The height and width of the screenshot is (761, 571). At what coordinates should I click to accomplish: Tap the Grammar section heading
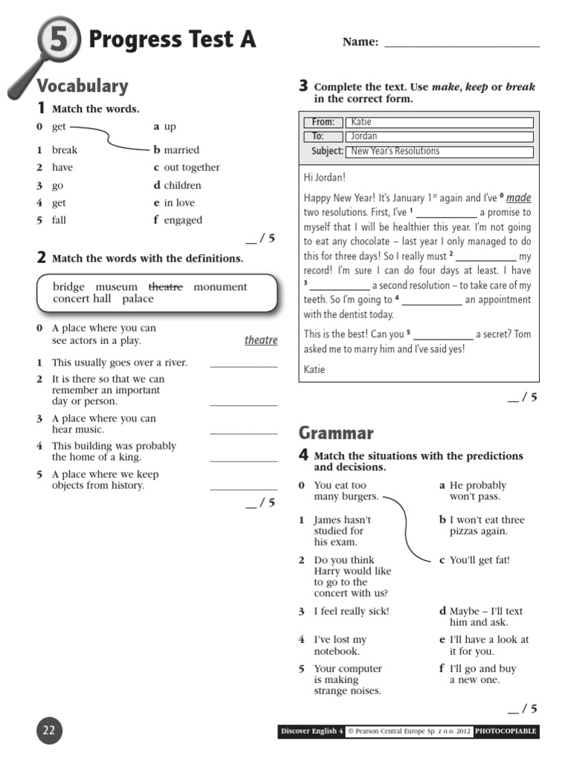(336, 433)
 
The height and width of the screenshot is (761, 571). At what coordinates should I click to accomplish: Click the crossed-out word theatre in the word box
(165, 287)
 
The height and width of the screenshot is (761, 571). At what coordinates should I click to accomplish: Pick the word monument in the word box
(220, 287)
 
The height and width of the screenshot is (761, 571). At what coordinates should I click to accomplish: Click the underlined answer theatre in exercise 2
(261, 340)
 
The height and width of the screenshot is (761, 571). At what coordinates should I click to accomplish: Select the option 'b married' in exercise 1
(177, 149)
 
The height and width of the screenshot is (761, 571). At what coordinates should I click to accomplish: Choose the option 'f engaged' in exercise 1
(178, 220)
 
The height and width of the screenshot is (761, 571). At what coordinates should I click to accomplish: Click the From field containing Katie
(439, 123)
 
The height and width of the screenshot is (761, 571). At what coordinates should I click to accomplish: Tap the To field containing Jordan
(439, 137)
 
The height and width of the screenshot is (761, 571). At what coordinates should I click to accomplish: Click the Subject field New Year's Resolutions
(439, 152)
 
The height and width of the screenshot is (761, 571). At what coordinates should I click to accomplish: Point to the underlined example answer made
(518, 198)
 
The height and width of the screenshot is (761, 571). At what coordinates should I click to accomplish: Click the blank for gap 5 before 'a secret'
(442, 335)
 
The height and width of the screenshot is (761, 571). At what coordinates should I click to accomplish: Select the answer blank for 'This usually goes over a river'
(243, 363)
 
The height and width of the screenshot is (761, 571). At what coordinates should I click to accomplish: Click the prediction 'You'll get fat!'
(480, 560)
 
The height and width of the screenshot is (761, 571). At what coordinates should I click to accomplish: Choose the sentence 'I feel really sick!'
(351, 611)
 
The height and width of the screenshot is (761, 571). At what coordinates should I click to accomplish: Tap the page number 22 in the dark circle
(49, 731)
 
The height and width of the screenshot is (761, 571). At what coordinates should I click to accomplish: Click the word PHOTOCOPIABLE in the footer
(506, 732)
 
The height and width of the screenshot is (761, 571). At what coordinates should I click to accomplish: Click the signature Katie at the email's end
(314, 369)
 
